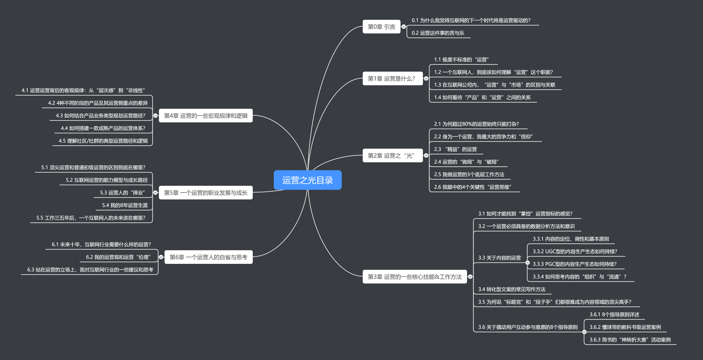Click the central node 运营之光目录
308,180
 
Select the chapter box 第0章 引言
381,27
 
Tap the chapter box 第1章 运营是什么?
392,79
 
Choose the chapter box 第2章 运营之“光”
392,155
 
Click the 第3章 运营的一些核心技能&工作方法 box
415,277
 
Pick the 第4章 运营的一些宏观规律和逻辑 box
206,116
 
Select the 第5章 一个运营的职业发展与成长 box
206,193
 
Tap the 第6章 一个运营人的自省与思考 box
208,257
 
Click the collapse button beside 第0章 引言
404,27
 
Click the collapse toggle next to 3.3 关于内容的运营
528,263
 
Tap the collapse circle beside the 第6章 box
161,257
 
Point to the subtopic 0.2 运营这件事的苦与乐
438,33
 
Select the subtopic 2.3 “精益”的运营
455,149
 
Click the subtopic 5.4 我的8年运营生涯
125,205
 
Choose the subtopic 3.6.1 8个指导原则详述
614,315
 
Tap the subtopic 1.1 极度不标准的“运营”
461,60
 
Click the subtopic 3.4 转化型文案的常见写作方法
511,289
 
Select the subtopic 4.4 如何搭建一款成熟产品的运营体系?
103,128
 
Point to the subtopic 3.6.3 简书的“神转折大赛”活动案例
630,340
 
